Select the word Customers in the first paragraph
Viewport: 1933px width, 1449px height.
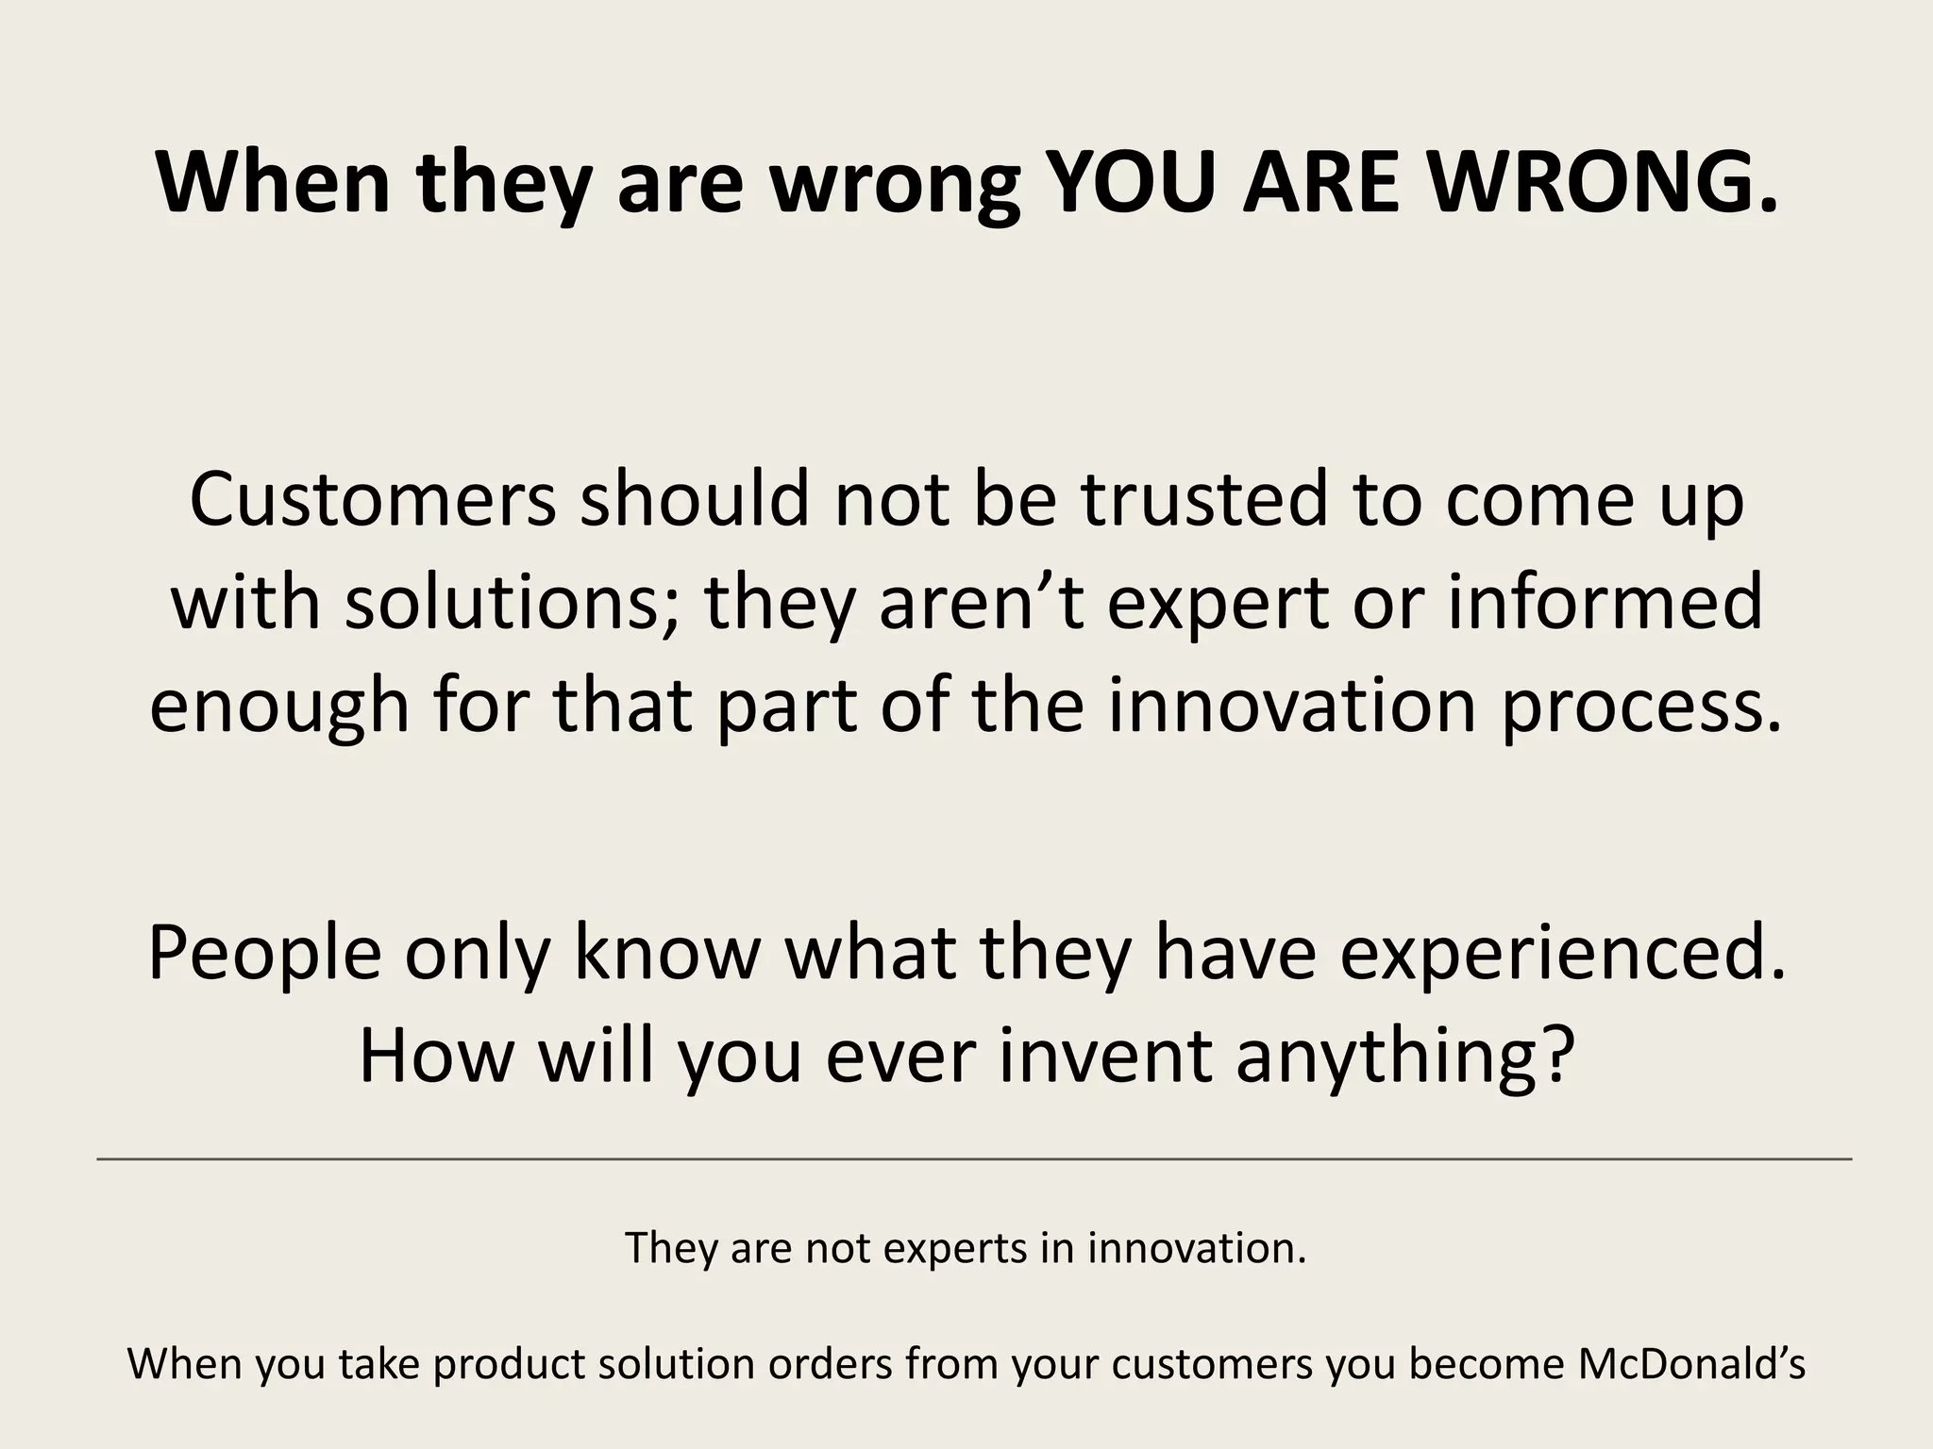click(x=373, y=500)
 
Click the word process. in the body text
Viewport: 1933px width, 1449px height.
click(x=1641, y=706)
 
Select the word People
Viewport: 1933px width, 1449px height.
click(x=265, y=954)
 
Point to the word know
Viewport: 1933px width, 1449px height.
click(x=666, y=954)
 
